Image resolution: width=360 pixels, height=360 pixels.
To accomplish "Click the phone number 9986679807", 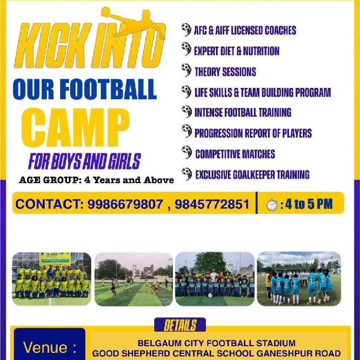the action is click(125, 204).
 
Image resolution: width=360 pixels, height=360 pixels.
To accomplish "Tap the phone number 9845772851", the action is click(212, 204).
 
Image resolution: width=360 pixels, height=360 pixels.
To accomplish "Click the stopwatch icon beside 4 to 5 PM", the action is click(272, 204).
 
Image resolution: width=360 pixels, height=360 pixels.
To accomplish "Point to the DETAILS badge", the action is click(180, 325).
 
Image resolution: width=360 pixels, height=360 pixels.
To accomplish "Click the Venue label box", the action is click(49, 344).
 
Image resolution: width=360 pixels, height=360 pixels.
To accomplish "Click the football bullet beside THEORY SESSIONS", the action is click(186, 70).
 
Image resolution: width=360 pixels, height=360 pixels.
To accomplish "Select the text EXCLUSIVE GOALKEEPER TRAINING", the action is click(253, 174).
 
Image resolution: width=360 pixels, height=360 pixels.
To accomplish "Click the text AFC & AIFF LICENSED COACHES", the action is click(245, 30).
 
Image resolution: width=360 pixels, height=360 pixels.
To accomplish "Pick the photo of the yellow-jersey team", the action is click(51, 279).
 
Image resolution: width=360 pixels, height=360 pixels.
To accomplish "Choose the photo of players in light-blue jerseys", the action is click(299, 279).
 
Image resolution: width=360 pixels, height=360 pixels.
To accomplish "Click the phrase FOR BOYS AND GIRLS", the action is click(84, 161).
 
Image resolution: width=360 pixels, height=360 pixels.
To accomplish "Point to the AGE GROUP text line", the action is click(97, 180).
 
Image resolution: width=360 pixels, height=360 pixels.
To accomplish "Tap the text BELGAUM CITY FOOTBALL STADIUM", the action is click(217, 343).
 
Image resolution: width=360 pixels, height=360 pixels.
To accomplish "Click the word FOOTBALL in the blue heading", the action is click(110, 89).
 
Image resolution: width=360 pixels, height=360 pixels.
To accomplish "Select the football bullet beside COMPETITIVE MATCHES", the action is click(187, 152).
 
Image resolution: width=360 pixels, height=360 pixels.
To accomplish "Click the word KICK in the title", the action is click(51, 45).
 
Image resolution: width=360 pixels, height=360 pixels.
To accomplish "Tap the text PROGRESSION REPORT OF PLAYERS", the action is click(253, 133).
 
